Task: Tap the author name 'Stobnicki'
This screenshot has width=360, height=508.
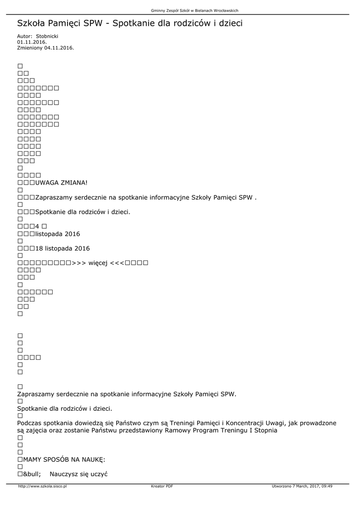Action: coord(47,36)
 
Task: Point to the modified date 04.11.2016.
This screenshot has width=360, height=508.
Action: coord(59,48)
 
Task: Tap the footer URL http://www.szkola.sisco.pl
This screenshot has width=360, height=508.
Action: coord(42,486)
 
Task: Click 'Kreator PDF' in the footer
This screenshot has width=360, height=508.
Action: coord(162,486)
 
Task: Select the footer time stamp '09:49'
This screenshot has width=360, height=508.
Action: coord(326,486)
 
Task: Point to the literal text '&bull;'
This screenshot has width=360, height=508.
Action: coord(32,474)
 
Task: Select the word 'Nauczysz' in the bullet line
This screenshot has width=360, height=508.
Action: coord(64,474)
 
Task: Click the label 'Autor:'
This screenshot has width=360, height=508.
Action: coord(25,36)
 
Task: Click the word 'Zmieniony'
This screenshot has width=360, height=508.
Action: coord(29,48)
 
